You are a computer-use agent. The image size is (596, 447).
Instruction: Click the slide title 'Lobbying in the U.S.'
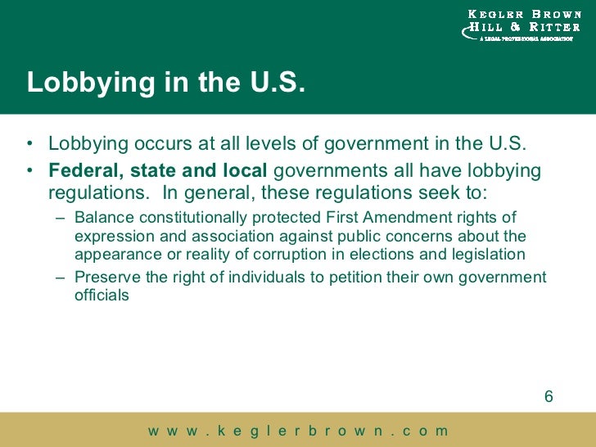[x=165, y=84]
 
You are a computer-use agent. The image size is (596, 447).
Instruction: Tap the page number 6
[x=549, y=397]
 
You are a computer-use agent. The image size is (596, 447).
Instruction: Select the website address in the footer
[x=298, y=431]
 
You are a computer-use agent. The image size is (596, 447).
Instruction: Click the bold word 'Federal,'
[x=81, y=171]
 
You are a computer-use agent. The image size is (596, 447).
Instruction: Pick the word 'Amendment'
[x=400, y=218]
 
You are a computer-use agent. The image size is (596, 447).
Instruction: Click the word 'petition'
[x=348, y=278]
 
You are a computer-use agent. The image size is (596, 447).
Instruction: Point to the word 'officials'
[x=102, y=296]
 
